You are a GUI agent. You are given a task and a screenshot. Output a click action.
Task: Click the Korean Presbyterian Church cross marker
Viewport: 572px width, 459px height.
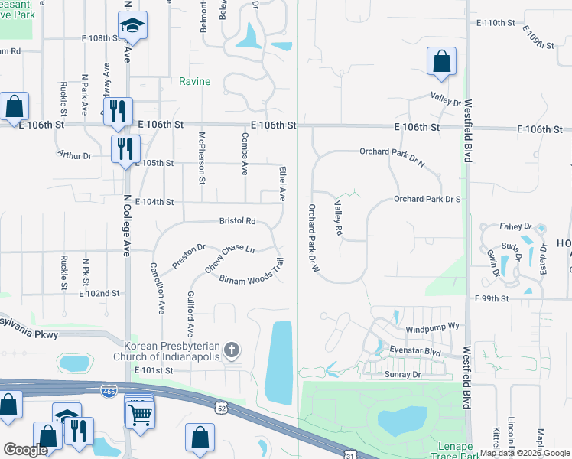(x=232, y=351)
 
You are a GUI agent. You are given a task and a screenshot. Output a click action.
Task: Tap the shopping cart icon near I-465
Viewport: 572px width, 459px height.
(x=139, y=414)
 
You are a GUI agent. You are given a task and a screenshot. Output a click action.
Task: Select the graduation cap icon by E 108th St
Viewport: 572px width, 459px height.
(x=132, y=26)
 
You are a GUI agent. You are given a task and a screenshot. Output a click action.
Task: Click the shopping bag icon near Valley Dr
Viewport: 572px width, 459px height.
(x=441, y=62)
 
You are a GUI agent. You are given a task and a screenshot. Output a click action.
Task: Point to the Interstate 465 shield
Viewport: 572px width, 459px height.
(x=110, y=390)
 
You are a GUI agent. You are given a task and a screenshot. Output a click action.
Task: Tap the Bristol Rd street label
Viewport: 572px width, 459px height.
(x=237, y=221)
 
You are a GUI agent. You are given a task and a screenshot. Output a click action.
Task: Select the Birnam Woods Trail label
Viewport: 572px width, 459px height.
(x=252, y=277)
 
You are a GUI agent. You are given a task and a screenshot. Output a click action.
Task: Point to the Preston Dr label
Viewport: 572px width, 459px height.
(x=189, y=256)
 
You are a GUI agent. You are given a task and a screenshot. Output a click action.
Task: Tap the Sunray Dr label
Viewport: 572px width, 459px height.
(x=402, y=375)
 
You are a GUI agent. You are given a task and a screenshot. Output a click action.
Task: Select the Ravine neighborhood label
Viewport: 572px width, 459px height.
(x=194, y=82)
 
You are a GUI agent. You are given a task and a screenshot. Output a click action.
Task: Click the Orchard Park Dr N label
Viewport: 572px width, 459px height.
(x=392, y=151)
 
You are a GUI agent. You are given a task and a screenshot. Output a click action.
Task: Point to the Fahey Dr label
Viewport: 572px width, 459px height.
(x=516, y=226)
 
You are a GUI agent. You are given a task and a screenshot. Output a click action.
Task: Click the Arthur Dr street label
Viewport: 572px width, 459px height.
(x=75, y=155)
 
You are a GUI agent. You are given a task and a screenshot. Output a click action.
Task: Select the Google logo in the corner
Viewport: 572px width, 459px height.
(x=25, y=450)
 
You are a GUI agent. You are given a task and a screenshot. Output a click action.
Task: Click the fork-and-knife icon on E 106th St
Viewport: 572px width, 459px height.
(x=117, y=110)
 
